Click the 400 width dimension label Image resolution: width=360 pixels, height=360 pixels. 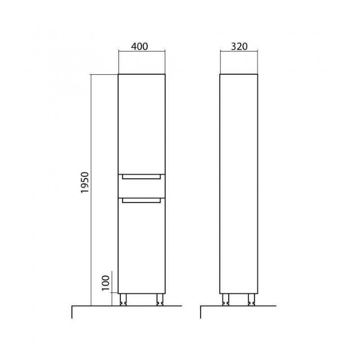point(139,46)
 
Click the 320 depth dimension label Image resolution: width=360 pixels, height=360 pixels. point(239,47)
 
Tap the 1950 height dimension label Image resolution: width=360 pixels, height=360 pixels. point(85,183)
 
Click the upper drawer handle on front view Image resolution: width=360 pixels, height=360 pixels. point(141,177)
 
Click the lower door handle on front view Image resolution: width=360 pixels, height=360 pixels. point(141,201)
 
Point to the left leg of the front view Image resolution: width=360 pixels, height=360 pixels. point(123,300)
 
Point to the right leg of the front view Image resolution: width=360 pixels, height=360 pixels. point(160,300)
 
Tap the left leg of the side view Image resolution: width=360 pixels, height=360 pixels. point(226,300)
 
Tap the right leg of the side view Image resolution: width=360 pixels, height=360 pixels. point(252,300)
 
